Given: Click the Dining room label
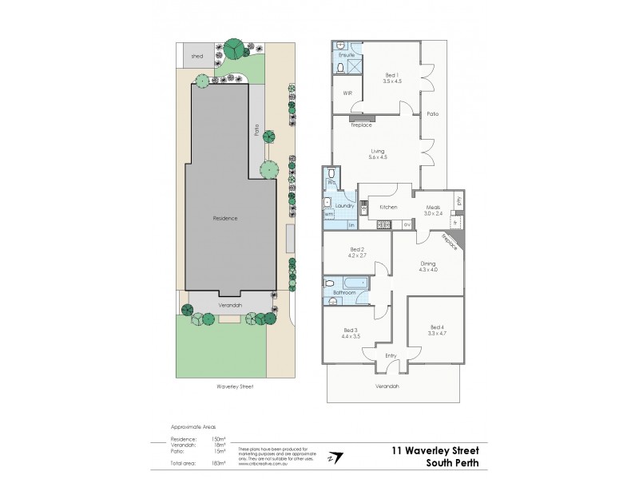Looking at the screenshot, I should tap(429, 265).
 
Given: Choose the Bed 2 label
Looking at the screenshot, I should tap(356, 251).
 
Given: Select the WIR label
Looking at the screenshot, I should tap(347, 93).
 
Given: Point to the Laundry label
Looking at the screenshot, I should tap(344, 206).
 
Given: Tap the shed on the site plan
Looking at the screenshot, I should tap(196, 57).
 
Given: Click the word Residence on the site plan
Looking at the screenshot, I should tap(224, 218).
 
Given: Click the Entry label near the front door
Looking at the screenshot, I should tap(391, 355).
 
